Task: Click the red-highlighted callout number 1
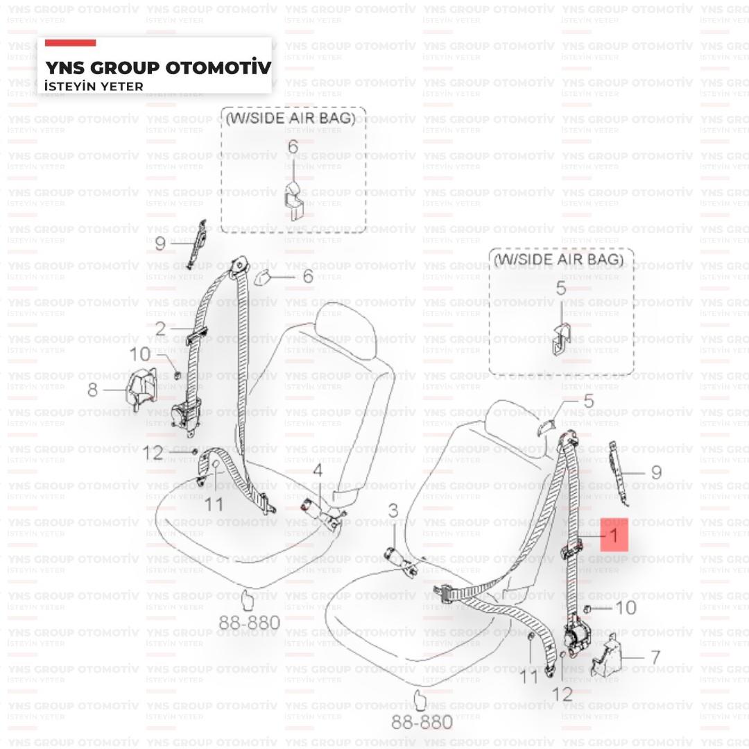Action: click(x=613, y=535)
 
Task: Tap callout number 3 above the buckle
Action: click(x=393, y=512)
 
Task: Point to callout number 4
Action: click(x=317, y=471)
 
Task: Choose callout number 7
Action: click(x=654, y=657)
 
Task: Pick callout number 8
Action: click(x=92, y=390)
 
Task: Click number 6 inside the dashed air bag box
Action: click(x=293, y=146)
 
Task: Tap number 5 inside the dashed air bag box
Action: click(x=560, y=288)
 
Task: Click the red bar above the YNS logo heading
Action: click(x=70, y=43)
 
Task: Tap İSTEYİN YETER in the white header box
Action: click(x=94, y=87)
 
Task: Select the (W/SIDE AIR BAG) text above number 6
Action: click(x=291, y=118)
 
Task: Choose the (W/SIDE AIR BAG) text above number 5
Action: click(x=559, y=260)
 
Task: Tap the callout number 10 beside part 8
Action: click(x=139, y=354)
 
